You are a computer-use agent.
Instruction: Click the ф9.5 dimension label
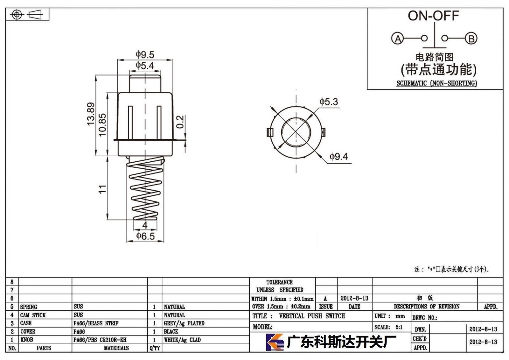145,54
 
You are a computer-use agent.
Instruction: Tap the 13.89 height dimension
91,114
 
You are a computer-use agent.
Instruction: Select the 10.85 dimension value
102,125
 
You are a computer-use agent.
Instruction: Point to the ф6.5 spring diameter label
145,236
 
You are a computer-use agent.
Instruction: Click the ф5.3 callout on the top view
329,102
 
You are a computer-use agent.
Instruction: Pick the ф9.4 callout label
338,157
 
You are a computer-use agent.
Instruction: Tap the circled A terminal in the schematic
397,39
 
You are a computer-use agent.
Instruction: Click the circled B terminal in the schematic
471,39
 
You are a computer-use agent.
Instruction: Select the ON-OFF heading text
433,16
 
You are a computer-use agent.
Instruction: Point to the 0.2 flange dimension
180,122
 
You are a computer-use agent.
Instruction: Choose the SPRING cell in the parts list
29,307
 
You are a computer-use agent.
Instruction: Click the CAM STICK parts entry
33,315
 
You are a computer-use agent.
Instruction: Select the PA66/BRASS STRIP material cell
96,323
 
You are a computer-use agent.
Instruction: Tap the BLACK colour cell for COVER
171,331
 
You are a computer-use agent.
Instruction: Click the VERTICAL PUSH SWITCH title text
312,316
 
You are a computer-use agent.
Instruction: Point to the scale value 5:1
399,327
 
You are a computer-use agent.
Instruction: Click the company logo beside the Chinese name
275,342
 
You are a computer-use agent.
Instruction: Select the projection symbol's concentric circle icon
17,15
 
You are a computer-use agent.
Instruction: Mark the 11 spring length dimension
102,189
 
